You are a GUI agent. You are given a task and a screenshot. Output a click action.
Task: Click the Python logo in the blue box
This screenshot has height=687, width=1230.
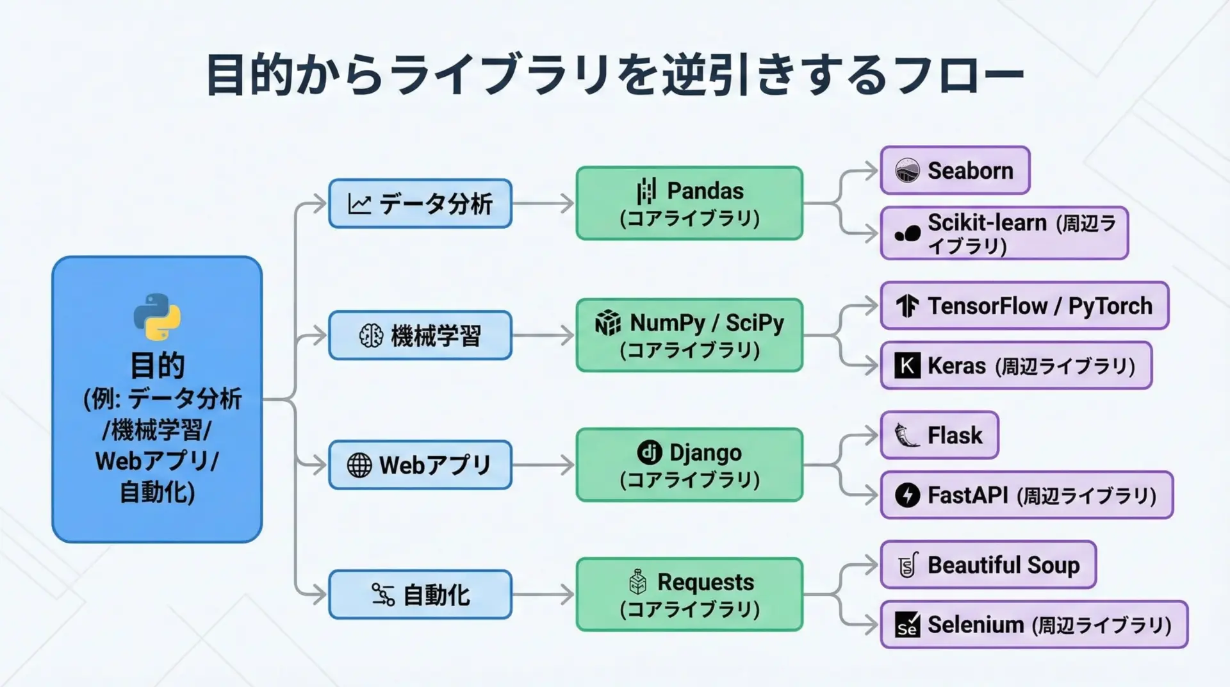pyautogui.click(x=157, y=317)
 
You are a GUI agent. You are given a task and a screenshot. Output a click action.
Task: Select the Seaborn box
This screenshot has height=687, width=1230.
pyautogui.click(x=955, y=170)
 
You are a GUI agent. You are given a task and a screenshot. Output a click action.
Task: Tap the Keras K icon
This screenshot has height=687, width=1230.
pyautogui.click(x=907, y=366)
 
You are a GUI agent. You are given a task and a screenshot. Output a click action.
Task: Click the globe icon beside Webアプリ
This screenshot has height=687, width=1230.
pyautogui.click(x=359, y=465)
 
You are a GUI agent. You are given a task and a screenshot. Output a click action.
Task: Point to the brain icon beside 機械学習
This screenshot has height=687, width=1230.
pyautogui.click(x=371, y=335)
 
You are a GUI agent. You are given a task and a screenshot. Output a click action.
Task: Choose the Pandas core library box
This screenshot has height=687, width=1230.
pyautogui.click(x=689, y=203)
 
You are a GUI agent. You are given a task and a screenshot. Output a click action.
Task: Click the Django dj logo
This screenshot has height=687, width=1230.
pyautogui.click(x=649, y=452)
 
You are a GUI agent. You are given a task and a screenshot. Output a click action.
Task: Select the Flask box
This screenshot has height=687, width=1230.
pyautogui.click(x=939, y=435)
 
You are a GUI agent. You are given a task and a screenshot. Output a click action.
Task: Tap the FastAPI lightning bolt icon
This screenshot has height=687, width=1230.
pyautogui.click(x=907, y=495)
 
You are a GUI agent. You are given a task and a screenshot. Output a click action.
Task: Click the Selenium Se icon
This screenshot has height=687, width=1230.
pyautogui.click(x=907, y=625)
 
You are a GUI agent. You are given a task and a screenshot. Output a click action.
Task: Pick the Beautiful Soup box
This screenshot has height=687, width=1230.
pyautogui.click(x=988, y=565)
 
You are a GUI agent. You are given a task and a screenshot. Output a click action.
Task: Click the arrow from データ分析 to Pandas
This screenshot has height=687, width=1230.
pyautogui.click(x=543, y=204)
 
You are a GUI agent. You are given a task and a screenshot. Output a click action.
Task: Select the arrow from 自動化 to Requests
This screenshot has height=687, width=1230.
pyautogui.click(x=543, y=595)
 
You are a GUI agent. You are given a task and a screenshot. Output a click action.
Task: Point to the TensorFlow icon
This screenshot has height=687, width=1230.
pyautogui.click(x=907, y=306)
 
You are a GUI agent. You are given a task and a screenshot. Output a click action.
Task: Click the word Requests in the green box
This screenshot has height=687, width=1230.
pyautogui.click(x=705, y=582)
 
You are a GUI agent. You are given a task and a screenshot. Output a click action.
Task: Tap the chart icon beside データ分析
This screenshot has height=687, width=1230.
pyautogui.click(x=359, y=204)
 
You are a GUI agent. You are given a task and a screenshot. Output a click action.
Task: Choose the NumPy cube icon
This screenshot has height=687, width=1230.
pyautogui.click(x=608, y=323)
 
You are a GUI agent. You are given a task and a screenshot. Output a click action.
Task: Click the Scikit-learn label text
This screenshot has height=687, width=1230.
pyautogui.click(x=987, y=223)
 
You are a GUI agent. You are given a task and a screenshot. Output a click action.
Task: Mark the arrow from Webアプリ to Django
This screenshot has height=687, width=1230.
pyautogui.click(x=543, y=465)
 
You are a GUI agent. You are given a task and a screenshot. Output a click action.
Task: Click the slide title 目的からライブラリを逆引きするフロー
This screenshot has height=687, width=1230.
pyautogui.click(x=614, y=76)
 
